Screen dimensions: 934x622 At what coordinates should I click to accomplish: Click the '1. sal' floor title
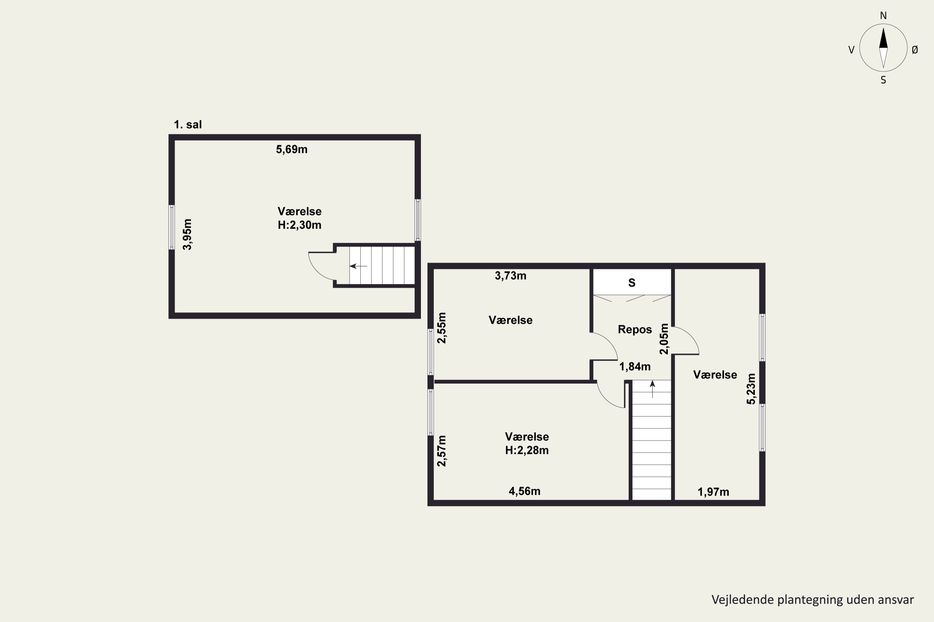pos(188,125)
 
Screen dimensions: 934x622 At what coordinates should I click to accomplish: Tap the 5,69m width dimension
pos(292,150)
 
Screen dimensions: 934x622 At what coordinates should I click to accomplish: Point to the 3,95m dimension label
pos(187,234)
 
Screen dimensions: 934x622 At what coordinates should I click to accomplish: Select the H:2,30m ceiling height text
pos(300,225)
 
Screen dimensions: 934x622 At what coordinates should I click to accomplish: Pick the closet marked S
pos(632,282)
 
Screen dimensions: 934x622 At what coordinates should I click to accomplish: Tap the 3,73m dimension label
pos(511,276)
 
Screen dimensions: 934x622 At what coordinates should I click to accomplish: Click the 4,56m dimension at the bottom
pos(525,491)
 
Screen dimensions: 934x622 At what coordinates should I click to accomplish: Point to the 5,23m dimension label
pos(751,389)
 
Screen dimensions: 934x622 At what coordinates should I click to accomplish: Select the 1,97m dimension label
pos(714,492)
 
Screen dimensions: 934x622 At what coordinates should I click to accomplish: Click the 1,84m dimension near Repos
pos(635,367)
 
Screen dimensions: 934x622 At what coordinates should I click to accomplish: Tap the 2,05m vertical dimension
pos(664,339)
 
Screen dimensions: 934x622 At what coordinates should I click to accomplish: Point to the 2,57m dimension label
pos(441,451)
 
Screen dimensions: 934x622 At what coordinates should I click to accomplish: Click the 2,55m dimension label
pos(441,328)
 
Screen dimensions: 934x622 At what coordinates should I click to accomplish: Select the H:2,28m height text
pos(527,450)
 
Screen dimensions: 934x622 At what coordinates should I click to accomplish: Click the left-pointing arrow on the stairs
pos(358,266)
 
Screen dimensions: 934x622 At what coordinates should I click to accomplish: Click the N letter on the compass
pos(883,16)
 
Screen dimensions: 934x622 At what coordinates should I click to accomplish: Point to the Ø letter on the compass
pos(915,49)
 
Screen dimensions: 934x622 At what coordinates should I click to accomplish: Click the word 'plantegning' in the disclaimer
pos(810,600)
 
